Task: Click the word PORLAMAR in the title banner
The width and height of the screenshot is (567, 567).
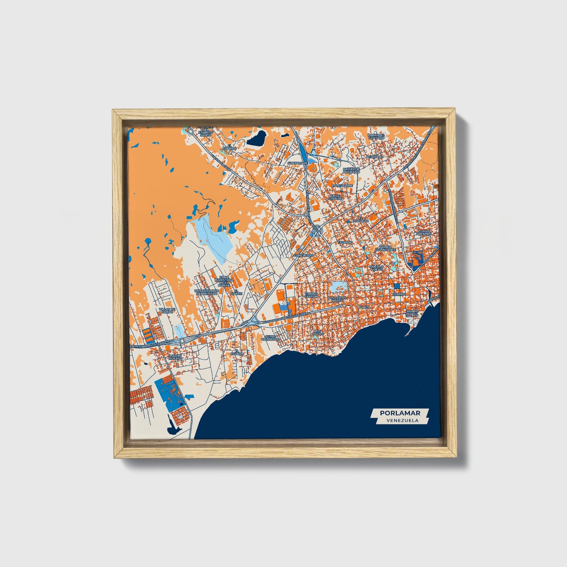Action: (400, 413)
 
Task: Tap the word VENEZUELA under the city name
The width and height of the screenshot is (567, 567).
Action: (402, 420)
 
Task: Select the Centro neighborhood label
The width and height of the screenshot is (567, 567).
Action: (399, 294)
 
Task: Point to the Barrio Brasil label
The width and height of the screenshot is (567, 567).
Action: (413, 313)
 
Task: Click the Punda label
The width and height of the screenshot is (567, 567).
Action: (364, 307)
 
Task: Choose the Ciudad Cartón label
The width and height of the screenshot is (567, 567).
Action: (311, 295)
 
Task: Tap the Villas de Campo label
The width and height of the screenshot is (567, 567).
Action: (167, 310)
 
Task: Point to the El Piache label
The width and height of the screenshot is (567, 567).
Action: (236, 292)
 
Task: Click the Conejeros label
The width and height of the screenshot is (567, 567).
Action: (303, 255)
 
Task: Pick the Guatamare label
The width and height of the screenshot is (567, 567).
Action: (297, 163)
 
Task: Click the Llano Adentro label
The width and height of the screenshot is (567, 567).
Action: (424, 232)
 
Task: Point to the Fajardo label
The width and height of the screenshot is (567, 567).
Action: (345, 243)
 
